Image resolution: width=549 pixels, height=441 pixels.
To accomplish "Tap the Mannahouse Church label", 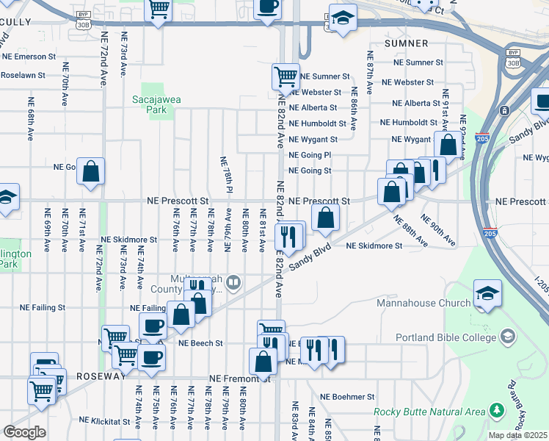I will (x=423, y=304).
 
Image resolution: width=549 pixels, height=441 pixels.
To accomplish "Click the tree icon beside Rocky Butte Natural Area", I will (x=497, y=409).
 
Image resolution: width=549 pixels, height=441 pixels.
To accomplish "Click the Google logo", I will (x=25, y=432).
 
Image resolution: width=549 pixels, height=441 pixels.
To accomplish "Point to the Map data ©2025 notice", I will (x=517, y=435).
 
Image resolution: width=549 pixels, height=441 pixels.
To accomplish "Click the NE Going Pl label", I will (x=310, y=155).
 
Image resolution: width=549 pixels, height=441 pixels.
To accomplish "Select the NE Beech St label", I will (x=200, y=343).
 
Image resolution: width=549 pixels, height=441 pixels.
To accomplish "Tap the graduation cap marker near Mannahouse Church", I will (x=487, y=295).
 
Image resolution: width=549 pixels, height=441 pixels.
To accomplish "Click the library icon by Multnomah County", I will (x=233, y=282).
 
